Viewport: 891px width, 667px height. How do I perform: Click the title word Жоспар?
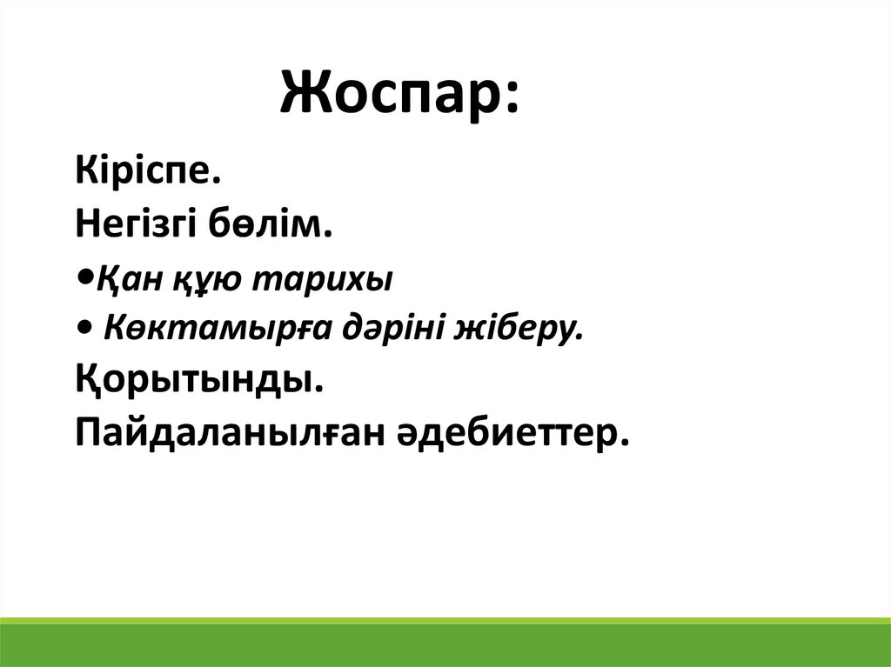coord(388,94)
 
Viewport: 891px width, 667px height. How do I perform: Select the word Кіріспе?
coord(144,170)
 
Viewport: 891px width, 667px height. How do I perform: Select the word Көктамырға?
coord(218,329)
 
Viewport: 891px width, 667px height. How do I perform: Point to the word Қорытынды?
coord(194,379)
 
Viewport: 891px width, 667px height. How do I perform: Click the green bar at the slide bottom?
coord(445,642)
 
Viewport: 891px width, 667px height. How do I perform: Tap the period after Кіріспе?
coord(216,181)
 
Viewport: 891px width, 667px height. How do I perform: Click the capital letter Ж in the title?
coord(307,93)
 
